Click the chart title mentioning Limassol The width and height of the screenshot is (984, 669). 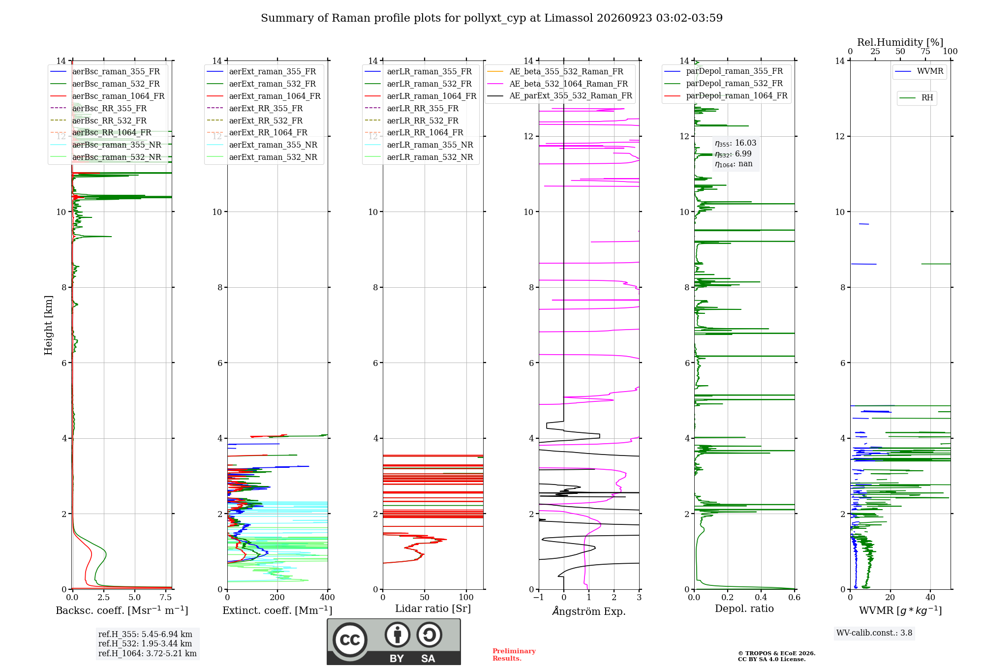pos(492,18)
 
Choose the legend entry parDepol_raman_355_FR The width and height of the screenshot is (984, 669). pos(723,71)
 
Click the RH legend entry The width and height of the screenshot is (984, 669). pos(916,98)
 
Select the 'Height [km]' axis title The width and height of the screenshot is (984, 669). pos(48,325)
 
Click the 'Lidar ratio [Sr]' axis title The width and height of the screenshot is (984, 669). pos(433,609)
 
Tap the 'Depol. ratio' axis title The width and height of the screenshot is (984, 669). pos(744,609)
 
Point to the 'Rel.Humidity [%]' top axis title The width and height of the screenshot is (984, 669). pos(900,42)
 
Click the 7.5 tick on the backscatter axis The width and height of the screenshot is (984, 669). pos(166,598)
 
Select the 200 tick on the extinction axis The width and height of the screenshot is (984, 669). pos(277,598)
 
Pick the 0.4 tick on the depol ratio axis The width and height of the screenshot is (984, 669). pos(761,598)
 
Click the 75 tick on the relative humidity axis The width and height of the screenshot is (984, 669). pos(925,52)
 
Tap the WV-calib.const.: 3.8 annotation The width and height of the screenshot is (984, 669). pos(874,633)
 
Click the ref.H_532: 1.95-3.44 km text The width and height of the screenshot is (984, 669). pos(145,644)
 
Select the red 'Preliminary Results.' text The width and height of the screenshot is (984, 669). pos(514,655)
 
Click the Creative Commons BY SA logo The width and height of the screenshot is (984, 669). pos(394,642)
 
